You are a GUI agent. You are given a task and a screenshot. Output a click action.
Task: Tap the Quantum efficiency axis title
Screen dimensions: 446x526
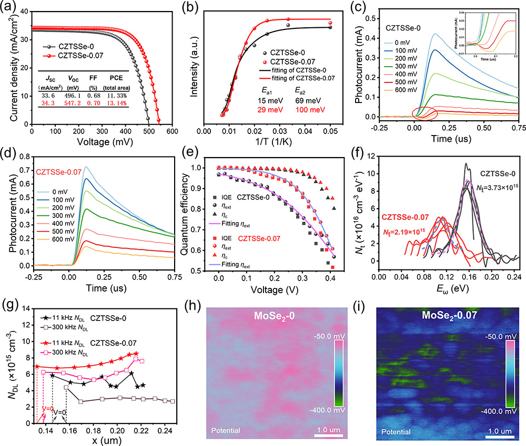pos(186,210)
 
